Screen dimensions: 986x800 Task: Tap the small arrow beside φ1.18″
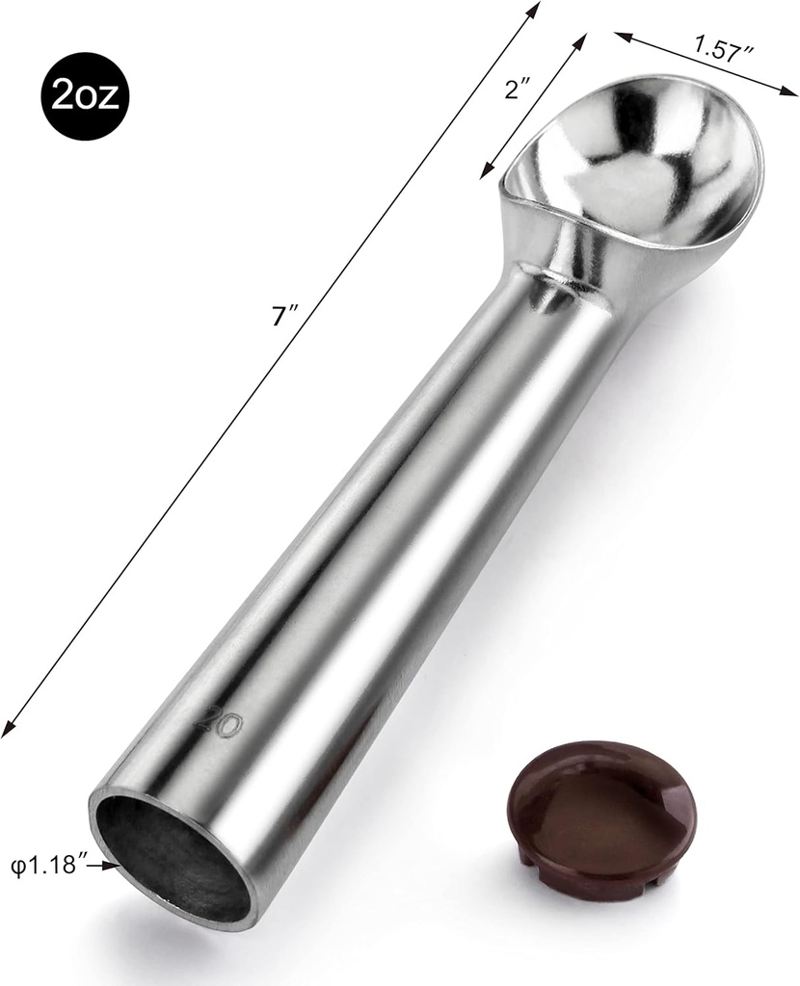[x=109, y=866]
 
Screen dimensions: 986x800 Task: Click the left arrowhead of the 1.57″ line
[x=621, y=36]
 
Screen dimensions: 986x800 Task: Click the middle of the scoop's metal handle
[x=386, y=539]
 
